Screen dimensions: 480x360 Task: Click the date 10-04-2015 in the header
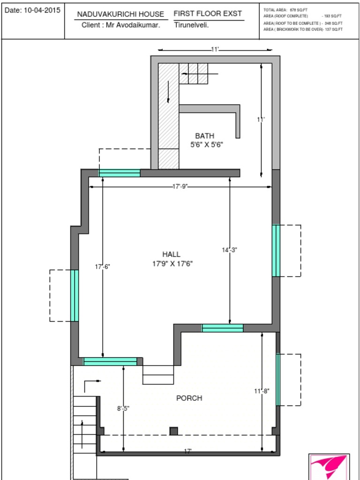pos(42,10)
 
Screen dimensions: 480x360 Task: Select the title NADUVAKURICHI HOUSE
pos(120,15)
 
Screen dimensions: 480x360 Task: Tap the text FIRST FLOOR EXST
pos(208,14)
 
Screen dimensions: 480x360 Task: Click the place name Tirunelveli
pos(192,25)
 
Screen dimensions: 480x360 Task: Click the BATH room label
pos(204,136)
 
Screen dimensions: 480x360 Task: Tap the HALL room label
pos(171,254)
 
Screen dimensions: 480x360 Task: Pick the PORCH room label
pos(189,398)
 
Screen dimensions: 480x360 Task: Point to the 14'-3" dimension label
pos(230,250)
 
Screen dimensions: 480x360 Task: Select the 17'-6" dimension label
pos(103,266)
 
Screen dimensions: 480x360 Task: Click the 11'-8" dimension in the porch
pos(262,391)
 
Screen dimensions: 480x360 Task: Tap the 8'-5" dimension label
pos(123,408)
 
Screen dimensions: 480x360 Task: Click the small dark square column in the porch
pos(174,431)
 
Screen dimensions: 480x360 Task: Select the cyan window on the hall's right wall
pos(276,250)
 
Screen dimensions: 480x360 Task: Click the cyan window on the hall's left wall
pos(75,295)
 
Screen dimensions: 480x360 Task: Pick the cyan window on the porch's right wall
pos(277,379)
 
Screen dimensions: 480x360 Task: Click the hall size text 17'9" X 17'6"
pos(172,263)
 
